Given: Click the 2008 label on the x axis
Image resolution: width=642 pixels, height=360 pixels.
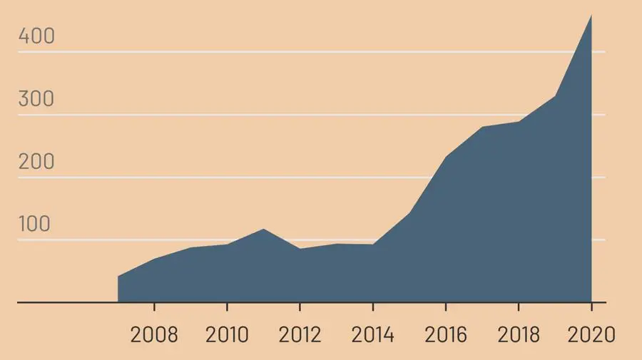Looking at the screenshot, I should click(x=154, y=334).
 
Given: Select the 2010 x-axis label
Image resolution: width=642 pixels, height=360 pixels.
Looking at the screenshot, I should click(x=227, y=334).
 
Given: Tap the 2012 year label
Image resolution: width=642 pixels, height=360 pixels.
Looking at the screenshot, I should click(x=300, y=334).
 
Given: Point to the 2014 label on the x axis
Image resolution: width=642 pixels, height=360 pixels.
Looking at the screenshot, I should click(x=372, y=334).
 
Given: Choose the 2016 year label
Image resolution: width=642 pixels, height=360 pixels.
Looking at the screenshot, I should click(x=445, y=334).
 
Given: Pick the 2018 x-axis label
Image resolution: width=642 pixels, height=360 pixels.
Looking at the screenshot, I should click(x=519, y=334).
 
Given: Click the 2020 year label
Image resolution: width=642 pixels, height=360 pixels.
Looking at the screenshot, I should click(x=591, y=334).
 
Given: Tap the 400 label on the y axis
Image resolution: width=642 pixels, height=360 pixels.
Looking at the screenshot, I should click(x=36, y=36).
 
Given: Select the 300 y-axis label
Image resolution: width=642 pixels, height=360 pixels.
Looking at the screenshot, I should click(x=36, y=99).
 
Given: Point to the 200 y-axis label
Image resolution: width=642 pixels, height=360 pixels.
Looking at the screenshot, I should click(x=36, y=162).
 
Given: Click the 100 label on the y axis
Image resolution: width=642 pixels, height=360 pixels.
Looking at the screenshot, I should click(x=35, y=225).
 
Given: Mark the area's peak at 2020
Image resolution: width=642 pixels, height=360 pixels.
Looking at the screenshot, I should click(x=591, y=15).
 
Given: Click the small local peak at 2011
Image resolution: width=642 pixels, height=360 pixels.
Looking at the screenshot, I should click(x=263, y=229).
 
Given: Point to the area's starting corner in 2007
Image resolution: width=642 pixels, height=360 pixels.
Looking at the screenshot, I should click(x=118, y=277).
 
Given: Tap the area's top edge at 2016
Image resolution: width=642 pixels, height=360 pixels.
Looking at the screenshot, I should click(x=445, y=157).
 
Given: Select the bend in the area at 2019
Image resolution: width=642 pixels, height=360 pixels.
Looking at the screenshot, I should click(x=555, y=96).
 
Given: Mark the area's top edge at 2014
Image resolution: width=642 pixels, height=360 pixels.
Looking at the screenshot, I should click(x=372, y=245).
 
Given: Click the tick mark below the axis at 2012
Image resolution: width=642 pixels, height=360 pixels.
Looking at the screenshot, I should click(x=300, y=307).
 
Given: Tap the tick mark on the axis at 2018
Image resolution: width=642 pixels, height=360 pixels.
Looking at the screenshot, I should click(x=519, y=307).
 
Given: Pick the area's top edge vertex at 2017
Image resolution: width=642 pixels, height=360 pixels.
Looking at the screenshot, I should click(x=482, y=127).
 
